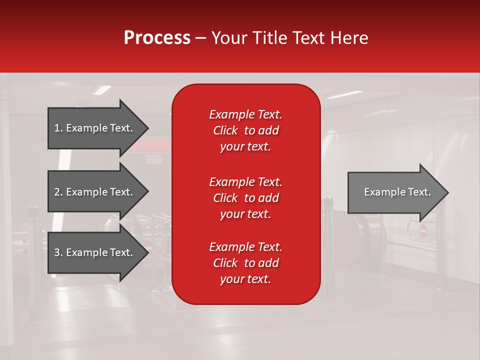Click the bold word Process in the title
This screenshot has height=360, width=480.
(x=157, y=38)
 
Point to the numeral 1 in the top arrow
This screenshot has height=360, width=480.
(x=57, y=128)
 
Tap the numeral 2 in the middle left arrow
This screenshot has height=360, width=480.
(x=57, y=192)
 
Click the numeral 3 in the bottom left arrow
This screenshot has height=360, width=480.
(x=57, y=252)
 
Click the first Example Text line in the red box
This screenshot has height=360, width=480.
(x=245, y=114)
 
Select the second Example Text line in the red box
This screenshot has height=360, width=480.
(x=245, y=181)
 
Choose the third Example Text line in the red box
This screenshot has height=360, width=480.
(x=245, y=247)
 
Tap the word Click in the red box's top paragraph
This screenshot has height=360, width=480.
(x=225, y=130)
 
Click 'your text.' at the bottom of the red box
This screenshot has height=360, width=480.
(x=245, y=279)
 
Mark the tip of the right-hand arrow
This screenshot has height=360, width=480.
(x=447, y=192)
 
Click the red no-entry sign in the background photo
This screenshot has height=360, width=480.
(x=423, y=230)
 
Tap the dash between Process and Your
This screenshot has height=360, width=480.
(x=201, y=38)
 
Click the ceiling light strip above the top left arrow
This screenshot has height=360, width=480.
(x=102, y=90)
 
